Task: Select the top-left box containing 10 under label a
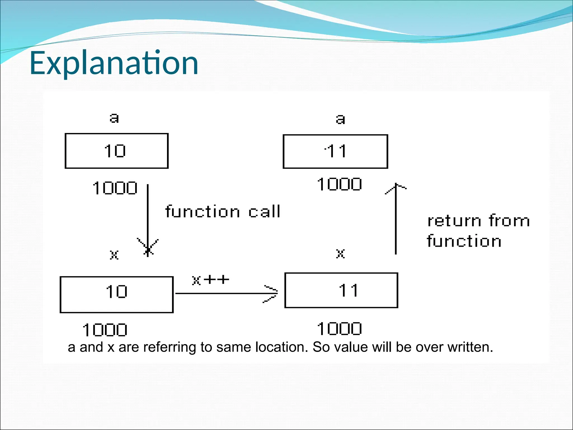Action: point(116,151)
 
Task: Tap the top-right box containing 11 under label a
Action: point(335,151)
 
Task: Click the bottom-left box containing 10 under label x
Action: point(117,295)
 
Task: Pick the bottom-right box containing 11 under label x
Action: point(341,290)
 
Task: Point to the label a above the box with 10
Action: point(114,118)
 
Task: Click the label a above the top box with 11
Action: point(340,119)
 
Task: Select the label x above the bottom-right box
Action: point(340,254)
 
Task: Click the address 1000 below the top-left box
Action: point(115,188)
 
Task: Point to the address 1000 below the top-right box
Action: point(339,184)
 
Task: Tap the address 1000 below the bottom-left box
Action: point(105,330)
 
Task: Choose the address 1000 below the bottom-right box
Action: point(339,329)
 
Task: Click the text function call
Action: point(223,211)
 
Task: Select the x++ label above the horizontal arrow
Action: point(210,280)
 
